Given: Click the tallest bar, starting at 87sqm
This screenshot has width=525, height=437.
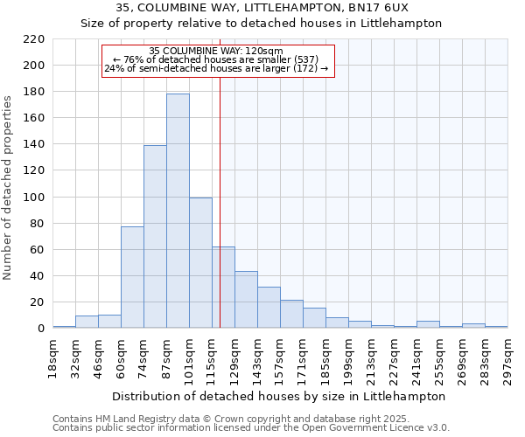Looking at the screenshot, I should coord(178,211).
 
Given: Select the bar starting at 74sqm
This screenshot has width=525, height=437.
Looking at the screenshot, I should coord(155,237).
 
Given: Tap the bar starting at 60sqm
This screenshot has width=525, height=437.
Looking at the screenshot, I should coord(132,277).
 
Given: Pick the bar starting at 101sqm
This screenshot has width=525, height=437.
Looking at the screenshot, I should coord(200,262).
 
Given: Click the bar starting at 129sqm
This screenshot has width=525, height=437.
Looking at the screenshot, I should coord(246,300).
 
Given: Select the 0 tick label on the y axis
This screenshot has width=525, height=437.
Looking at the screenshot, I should coord(41,329).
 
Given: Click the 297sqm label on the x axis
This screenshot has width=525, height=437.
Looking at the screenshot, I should coord(507,357).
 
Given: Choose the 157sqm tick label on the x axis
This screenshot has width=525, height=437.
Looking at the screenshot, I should coord(280,357).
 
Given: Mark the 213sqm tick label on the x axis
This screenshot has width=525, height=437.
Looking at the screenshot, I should coord(371,357).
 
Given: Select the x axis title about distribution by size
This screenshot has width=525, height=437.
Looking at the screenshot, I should coord(280,396).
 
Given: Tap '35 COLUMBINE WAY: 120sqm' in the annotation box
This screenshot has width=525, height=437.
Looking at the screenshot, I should coord(216,52).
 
